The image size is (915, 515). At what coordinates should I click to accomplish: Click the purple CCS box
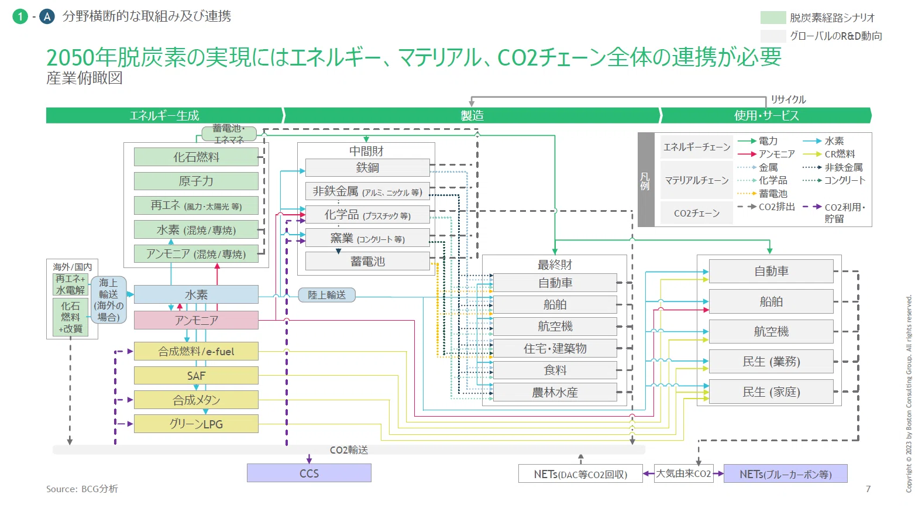click(x=309, y=473)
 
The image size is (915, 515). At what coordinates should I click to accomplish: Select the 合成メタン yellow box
click(x=196, y=400)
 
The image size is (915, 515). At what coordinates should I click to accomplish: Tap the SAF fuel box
click(x=196, y=375)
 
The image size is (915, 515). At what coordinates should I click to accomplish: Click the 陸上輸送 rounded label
click(x=327, y=295)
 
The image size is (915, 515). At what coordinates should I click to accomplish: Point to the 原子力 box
click(x=196, y=181)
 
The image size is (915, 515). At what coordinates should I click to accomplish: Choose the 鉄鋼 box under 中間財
click(x=367, y=167)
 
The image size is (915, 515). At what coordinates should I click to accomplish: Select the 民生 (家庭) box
click(x=771, y=392)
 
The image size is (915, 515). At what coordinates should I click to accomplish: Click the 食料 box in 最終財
click(x=555, y=370)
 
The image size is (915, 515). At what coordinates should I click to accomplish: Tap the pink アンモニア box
click(x=196, y=320)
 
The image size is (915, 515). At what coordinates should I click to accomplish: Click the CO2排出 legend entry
click(x=766, y=207)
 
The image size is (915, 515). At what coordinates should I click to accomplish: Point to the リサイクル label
click(x=788, y=99)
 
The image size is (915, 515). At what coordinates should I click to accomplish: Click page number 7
click(x=868, y=489)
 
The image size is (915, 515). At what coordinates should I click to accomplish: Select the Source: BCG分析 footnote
click(x=82, y=489)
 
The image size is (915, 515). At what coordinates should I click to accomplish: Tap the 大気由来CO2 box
click(x=683, y=473)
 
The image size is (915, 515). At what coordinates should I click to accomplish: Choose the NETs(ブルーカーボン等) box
click(x=786, y=473)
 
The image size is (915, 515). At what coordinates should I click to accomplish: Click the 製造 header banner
click(x=472, y=115)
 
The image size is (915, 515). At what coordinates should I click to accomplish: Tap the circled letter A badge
click(x=47, y=17)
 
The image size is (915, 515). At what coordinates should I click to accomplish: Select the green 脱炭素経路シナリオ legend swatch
click(x=773, y=18)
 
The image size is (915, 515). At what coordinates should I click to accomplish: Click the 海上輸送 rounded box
click(x=108, y=300)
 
